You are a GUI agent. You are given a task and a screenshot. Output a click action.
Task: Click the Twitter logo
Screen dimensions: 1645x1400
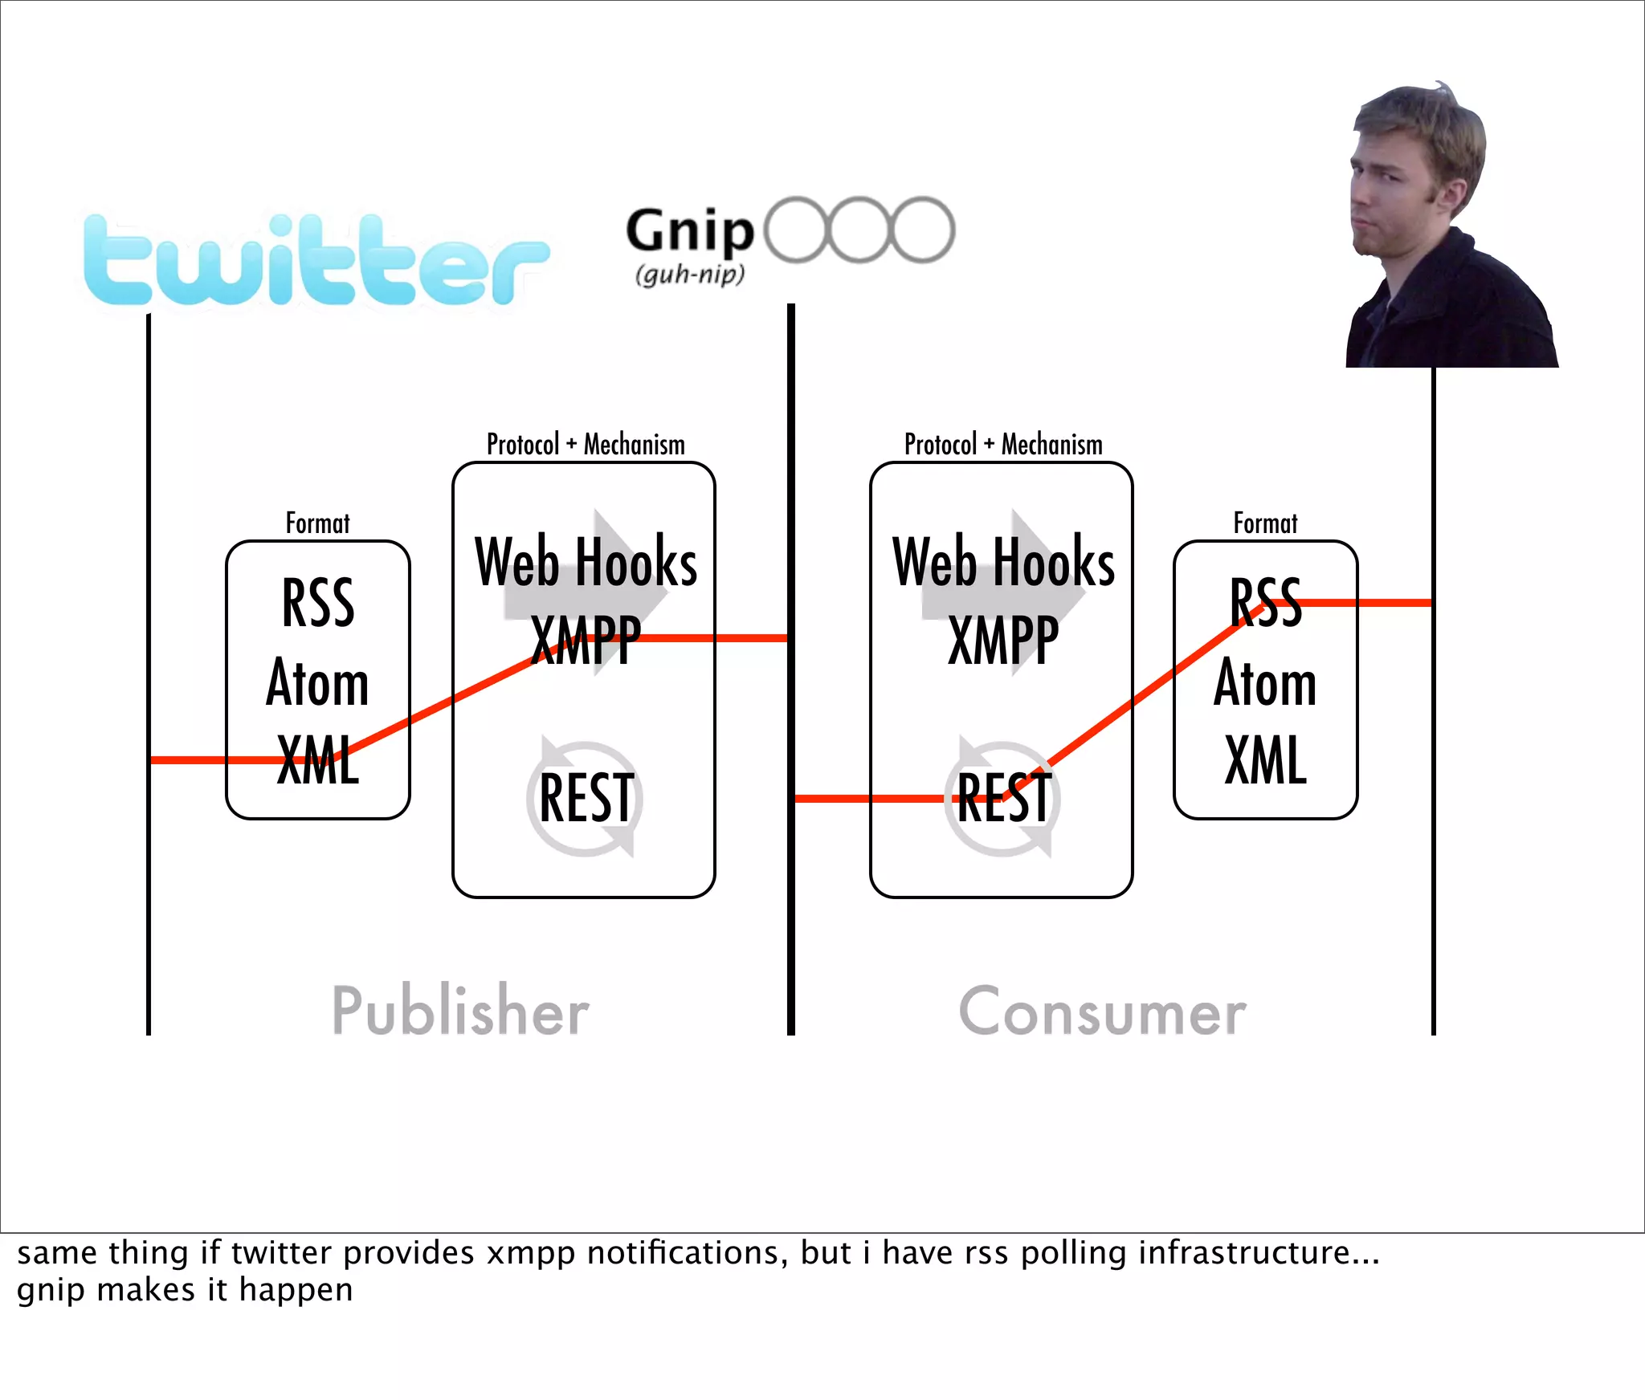tap(316, 261)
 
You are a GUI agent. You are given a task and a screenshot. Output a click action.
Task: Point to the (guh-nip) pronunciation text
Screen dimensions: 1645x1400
tap(690, 275)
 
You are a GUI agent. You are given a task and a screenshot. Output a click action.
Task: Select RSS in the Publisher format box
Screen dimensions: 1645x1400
tap(318, 603)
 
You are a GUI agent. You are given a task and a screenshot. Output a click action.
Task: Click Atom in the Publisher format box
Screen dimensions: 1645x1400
tap(318, 682)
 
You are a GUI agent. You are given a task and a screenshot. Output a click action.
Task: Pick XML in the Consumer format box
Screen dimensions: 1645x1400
tap(1265, 759)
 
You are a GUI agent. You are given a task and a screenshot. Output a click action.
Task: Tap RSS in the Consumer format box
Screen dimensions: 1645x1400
tap(1265, 603)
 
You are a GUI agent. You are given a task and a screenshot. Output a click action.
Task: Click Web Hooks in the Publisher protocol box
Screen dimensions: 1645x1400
tap(586, 562)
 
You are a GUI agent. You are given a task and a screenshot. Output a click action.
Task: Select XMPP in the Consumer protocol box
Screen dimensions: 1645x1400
tap(1003, 641)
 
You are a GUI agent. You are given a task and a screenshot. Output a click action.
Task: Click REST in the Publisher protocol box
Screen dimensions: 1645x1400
tap(586, 798)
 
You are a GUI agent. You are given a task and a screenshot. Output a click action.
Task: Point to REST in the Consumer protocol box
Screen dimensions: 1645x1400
tap(1004, 798)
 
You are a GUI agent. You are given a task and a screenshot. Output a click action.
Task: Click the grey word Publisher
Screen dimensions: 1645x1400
tap(460, 1011)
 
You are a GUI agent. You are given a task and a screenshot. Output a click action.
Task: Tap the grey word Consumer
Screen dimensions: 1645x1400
tap(1102, 1012)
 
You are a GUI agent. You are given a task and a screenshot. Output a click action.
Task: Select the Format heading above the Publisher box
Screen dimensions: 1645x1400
tap(318, 523)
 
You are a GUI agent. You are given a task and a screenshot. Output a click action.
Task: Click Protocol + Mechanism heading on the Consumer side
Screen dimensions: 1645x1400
tap(1003, 444)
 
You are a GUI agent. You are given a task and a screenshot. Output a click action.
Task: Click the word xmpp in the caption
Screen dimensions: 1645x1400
tap(531, 1253)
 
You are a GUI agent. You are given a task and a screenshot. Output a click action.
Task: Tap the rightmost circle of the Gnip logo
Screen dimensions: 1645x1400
tap(923, 230)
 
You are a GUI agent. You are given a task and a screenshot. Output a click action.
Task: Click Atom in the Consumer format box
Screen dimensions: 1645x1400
tap(1265, 682)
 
